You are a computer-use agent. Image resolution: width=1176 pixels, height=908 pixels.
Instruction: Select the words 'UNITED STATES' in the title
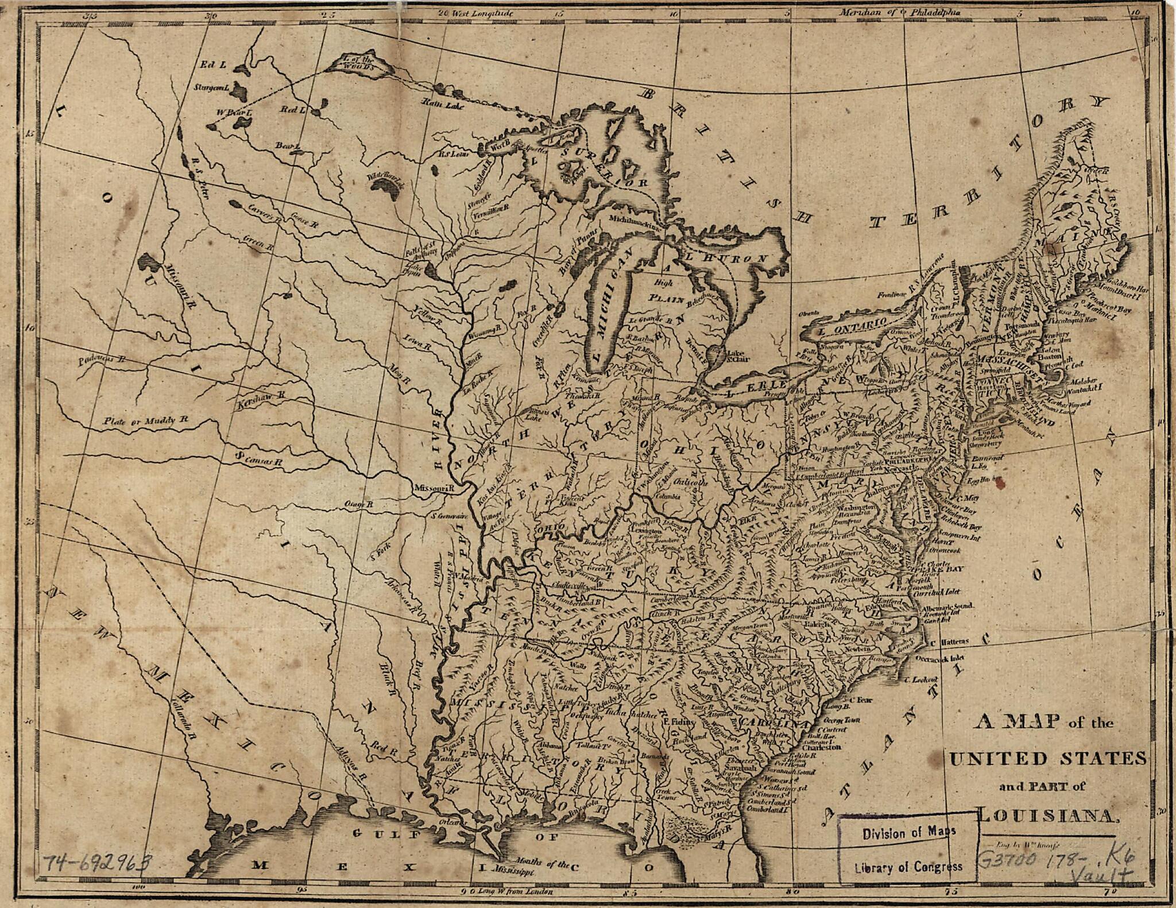[1049, 759]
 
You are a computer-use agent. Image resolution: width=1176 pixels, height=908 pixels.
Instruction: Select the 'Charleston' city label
[821, 747]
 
